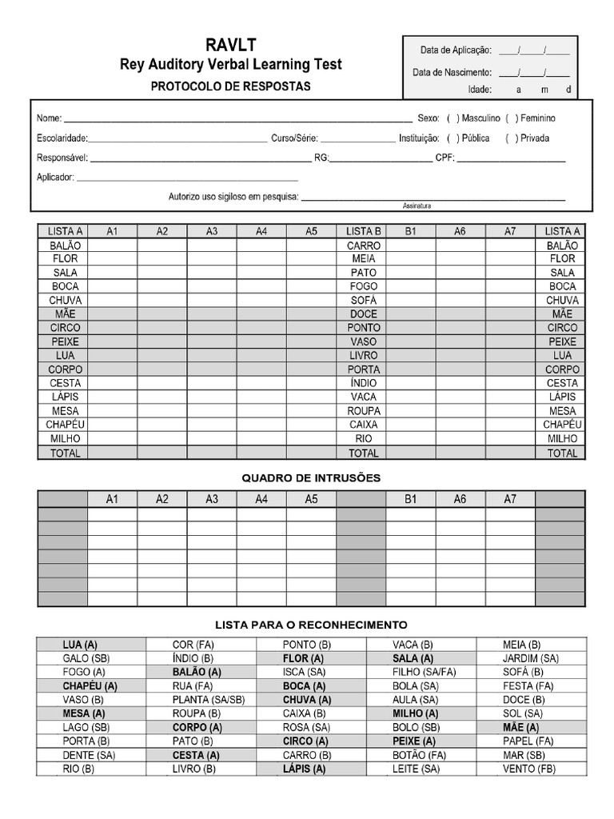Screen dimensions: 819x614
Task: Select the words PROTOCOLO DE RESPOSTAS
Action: point(231,86)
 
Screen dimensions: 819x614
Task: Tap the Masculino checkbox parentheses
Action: point(453,118)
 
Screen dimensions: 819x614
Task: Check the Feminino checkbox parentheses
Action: point(512,118)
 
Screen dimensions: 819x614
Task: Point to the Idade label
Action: point(480,90)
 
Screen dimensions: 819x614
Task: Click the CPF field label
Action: point(445,158)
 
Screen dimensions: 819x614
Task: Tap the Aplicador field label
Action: point(55,177)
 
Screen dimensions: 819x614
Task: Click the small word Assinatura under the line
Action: point(417,206)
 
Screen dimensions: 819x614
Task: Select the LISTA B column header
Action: point(363,231)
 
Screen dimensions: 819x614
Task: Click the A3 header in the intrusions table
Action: point(212,499)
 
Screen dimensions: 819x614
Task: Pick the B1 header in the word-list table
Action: point(411,231)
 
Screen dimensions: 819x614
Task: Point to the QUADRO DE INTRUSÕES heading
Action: point(311,477)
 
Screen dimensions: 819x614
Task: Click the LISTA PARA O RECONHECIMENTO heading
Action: point(311,624)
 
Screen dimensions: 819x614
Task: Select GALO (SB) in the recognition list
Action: point(86,658)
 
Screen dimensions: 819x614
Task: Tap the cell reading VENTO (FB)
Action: point(529,769)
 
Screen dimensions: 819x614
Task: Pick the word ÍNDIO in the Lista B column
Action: point(363,383)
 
